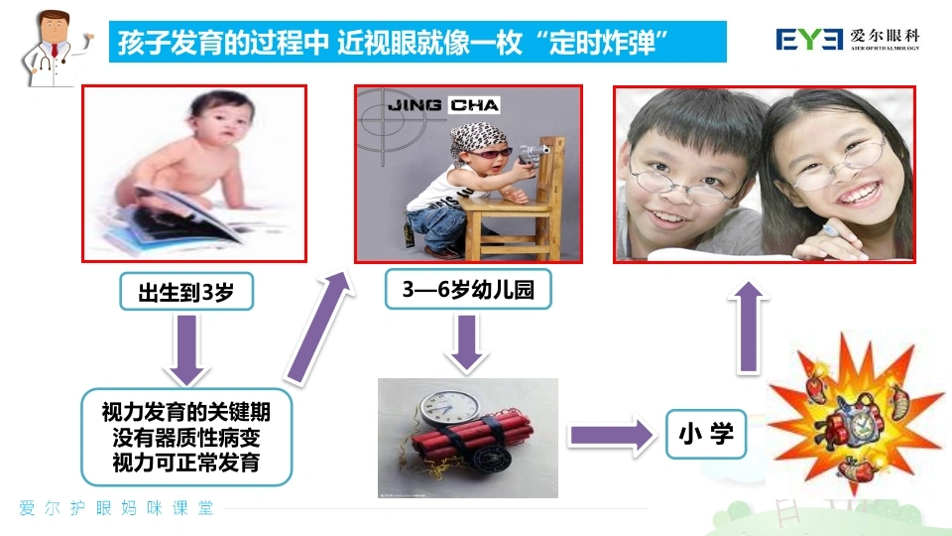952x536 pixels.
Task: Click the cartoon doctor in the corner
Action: [x=55, y=49]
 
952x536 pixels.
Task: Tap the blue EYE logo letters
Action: [x=809, y=40]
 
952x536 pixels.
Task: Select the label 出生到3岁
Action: [x=186, y=292]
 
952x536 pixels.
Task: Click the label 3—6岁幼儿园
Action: [x=468, y=289]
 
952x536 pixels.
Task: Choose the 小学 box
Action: [x=706, y=434]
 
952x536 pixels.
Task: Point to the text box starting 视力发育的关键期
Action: [x=186, y=437]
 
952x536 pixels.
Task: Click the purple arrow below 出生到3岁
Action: [x=186, y=350]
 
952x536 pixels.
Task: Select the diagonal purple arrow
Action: [x=318, y=329]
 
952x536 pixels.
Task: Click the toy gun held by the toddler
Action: [x=533, y=153]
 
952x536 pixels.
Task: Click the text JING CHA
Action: [x=443, y=105]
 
